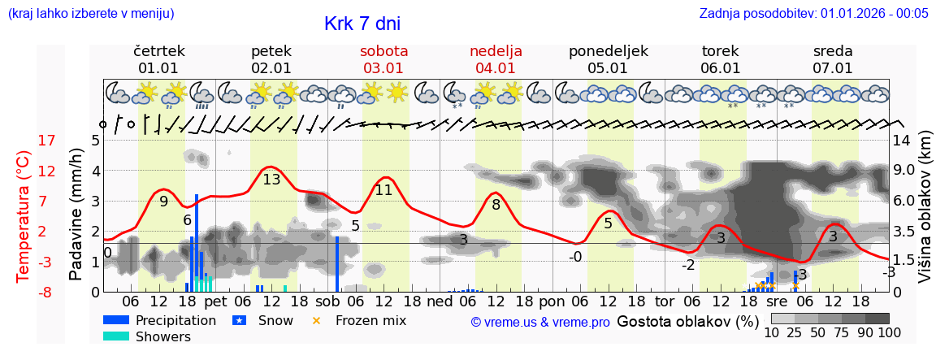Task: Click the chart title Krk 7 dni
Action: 362,24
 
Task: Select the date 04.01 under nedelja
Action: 496,68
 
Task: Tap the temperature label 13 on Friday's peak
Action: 271,180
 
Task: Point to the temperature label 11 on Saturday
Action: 383,190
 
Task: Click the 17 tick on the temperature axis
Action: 24,141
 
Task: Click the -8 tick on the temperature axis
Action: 24,292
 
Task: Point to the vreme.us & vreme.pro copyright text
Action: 539,322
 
